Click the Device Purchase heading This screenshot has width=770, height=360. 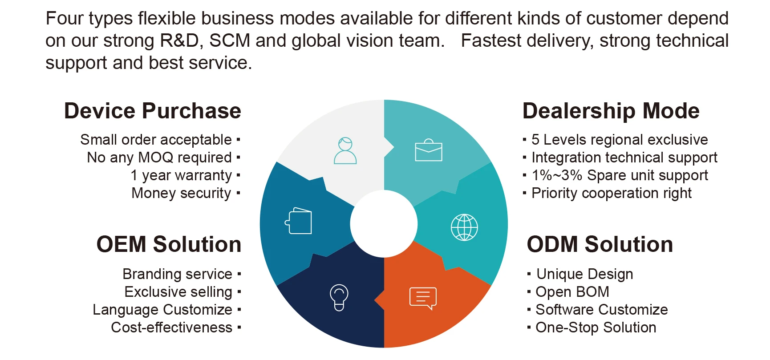point(153,111)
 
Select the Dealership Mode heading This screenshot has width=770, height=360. point(611,111)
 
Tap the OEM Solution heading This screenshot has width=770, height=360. point(169,244)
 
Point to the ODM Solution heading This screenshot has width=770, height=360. point(600,244)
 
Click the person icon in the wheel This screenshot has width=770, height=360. point(345,151)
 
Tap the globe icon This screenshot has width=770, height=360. point(464,227)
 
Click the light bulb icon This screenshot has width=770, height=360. point(339,297)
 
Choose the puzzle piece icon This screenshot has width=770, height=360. point(298,221)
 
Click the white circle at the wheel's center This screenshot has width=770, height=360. point(384,224)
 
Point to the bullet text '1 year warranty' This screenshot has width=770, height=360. point(181,175)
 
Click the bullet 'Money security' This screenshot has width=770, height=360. point(182,193)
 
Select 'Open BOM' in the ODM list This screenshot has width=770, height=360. point(572,292)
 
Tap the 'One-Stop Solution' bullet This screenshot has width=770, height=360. point(596,328)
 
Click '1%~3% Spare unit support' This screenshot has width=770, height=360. point(620,175)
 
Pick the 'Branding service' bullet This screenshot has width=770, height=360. point(178,274)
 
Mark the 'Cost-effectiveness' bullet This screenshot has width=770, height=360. point(172,328)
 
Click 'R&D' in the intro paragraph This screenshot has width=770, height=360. point(179,41)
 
